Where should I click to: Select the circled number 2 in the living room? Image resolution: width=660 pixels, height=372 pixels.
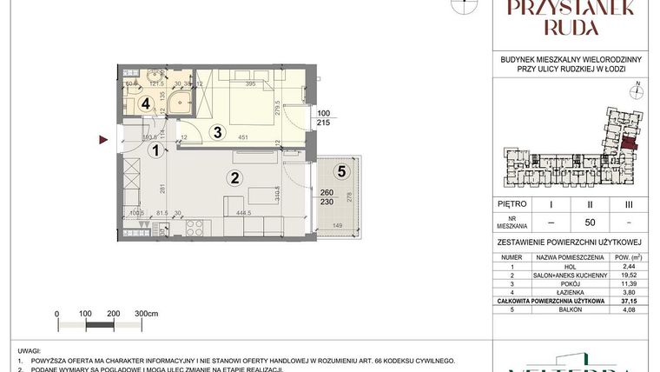point(232,179)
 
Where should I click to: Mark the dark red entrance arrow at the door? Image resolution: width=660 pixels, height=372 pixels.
point(104,138)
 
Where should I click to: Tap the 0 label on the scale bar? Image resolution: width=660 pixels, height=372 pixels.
point(56,313)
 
